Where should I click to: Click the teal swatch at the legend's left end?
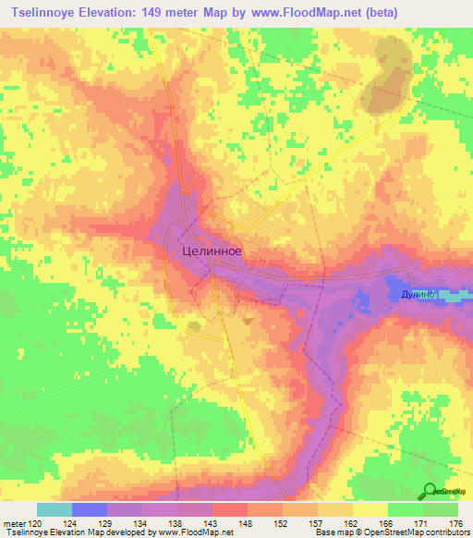55,509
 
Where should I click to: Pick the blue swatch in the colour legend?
90,509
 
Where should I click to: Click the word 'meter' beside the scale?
13,523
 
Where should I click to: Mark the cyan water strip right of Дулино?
453,296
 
